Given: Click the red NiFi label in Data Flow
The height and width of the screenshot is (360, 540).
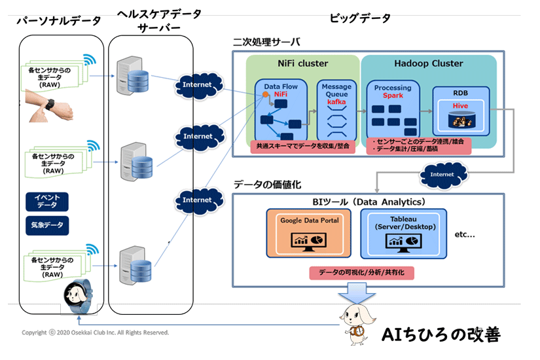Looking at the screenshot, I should [281, 94].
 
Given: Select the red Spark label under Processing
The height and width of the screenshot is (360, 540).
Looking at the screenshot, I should [393, 96].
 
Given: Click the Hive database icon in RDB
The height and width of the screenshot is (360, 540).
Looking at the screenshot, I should [461, 120].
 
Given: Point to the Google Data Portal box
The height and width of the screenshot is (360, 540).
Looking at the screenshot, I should [310, 233].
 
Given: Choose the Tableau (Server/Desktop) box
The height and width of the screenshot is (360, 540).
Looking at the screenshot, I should [407, 233].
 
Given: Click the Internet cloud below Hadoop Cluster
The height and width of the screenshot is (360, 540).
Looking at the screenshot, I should [442, 175].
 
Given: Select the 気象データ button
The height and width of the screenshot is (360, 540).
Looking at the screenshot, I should [47, 225].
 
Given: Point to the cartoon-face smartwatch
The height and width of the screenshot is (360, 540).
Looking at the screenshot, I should [77, 297].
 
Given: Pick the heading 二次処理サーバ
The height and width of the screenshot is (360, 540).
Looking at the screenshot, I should [266, 43].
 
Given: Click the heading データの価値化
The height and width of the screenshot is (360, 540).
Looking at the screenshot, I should [267, 185].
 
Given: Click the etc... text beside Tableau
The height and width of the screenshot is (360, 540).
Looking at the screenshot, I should [465, 234].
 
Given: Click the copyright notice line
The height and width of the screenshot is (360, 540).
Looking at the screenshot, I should [95, 333].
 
